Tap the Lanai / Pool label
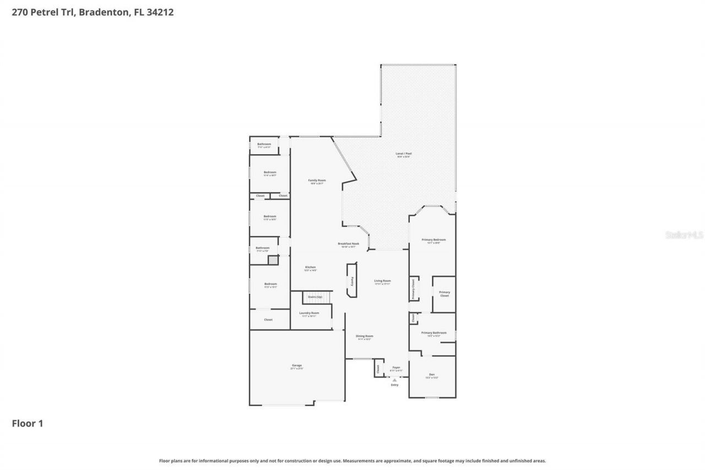click(x=404, y=154)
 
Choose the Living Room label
click(x=382, y=282)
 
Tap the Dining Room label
click(x=364, y=337)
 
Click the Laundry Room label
click(x=309, y=314)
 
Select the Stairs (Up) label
click(x=315, y=297)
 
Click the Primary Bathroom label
click(x=433, y=333)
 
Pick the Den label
click(x=432, y=375)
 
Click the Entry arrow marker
click(x=394, y=380)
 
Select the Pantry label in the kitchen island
click(x=351, y=280)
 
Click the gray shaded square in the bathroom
click(x=273, y=261)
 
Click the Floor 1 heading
click(x=28, y=424)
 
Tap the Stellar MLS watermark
click(x=684, y=235)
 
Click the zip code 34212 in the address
click(x=160, y=12)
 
